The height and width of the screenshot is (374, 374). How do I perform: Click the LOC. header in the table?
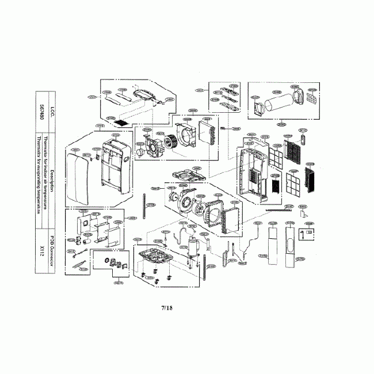point(52,107)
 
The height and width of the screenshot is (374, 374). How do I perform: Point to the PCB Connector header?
point(52,249)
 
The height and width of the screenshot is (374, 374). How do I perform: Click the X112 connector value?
point(43,249)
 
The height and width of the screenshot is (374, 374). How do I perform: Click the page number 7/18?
point(167,308)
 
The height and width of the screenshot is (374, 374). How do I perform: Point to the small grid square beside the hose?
point(311,99)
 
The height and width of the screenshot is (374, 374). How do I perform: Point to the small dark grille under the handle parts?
point(120,123)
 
